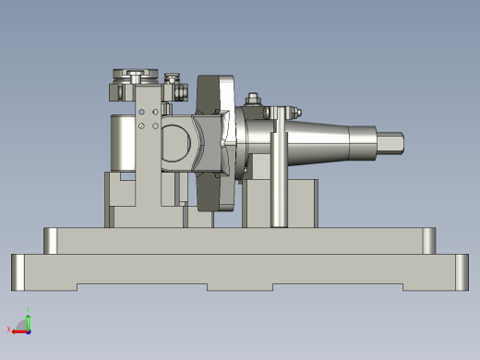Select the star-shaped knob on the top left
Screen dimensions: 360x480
133,74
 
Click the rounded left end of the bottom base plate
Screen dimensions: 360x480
18,271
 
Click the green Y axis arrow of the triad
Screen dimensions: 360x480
28,318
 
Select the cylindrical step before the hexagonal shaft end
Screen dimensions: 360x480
365,143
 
